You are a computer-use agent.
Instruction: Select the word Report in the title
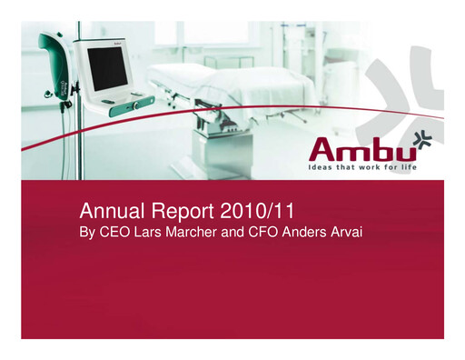[179, 213]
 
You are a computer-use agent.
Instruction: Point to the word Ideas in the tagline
[317, 169]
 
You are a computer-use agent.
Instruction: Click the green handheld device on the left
[55, 65]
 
